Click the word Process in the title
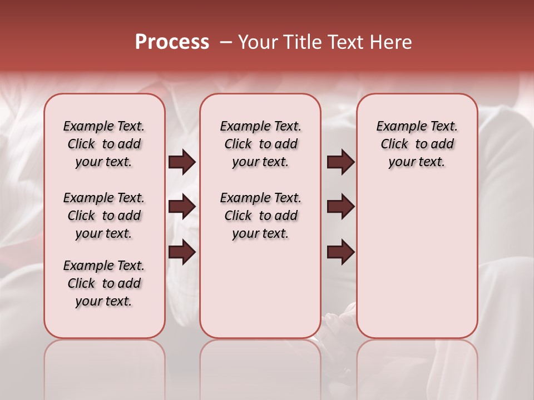pos(172,42)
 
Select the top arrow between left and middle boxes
pos(182,162)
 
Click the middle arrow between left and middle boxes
pos(182,207)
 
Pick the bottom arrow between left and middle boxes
pos(182,252)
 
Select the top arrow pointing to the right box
pos(340,162)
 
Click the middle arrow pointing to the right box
pos(340,207)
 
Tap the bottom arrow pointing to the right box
pos(340,252)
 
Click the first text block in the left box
pos(104,144)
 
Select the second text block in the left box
pos(104,216)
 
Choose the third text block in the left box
pos(104,283)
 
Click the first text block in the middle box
pos(260,144)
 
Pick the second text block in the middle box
pos(260,216)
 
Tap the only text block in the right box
pos(417,144)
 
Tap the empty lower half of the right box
pos(417,267)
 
